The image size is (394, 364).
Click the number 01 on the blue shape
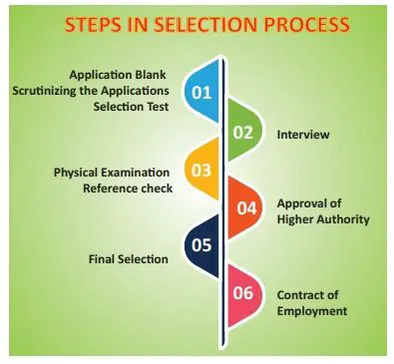click(x=201, y=94)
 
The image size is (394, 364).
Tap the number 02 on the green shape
click(x=243, y=132)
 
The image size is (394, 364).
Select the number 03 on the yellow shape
click(x=201, y=170)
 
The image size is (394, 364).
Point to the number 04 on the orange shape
click(x=246, y=208)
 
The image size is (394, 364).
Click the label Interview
click(x=303, y=133)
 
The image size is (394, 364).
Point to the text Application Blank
click(x=119, y=75)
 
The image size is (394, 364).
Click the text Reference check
click(x=129, y=186)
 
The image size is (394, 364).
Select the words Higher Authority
click(x=322, y=218)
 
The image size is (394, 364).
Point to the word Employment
click(x=312, y=311)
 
